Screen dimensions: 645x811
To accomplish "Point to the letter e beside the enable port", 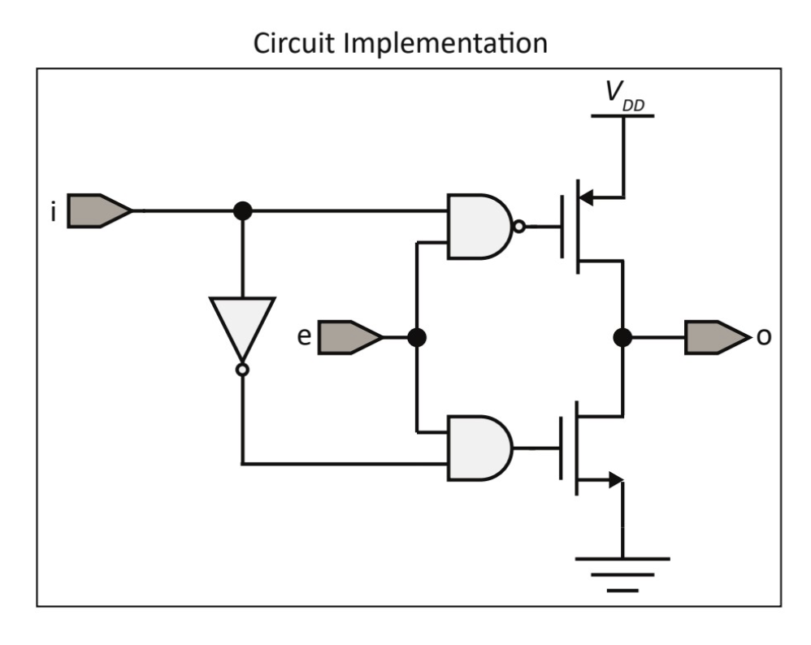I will pyautogui.click(x=303, y=336).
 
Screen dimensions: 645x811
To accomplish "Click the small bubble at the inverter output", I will pyautogui.click(x=242, y=370).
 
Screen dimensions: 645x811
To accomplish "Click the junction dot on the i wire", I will pyautogui.click(x=242, y=210).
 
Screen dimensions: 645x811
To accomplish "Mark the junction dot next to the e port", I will pyautogui.click(x=416, y=337).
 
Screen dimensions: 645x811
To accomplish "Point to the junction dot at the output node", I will pyautogui.click(x=622, y=337).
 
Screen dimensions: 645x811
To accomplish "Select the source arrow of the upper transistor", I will pyautogui.click(x=588, y=197).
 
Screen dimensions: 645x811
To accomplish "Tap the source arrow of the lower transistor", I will pyautogui.click(x=614, y=481).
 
